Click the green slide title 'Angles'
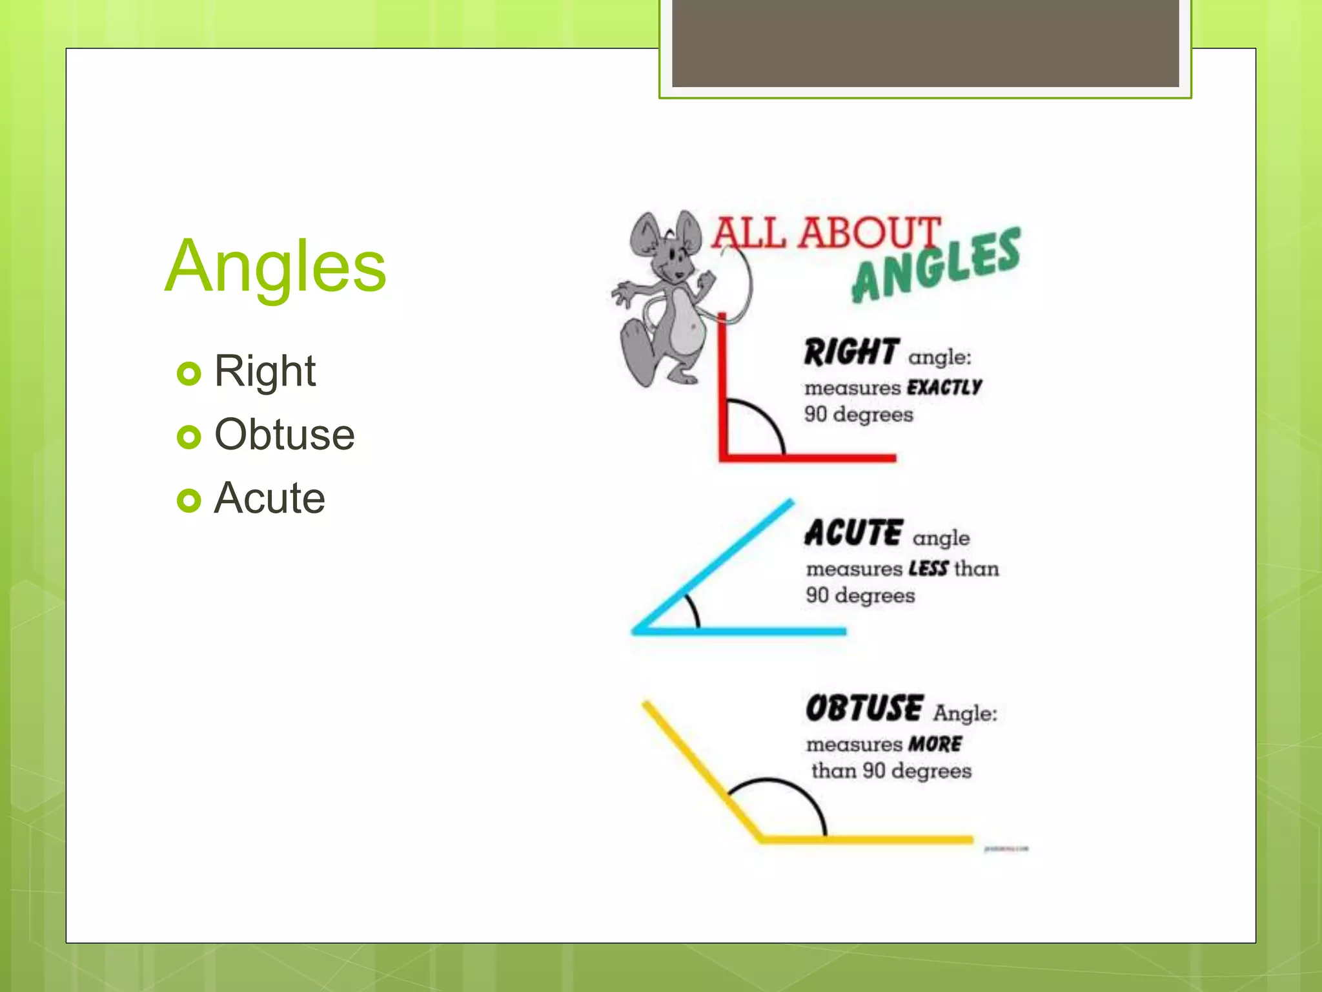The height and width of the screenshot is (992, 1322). (x=276, y=266)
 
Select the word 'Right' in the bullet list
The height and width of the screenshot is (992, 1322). (x=265, y=371)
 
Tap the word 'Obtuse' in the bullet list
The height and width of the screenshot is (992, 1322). (x=284, y=435)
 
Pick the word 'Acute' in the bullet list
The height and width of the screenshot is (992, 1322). (x=269, y=498)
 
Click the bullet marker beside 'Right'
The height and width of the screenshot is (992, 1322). (x=188, y=373)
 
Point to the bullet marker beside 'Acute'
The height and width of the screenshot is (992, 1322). (x=188, y=500)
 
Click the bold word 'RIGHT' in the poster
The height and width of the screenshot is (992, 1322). (x=851, y=352)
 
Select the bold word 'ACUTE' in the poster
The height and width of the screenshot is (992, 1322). (x=853, y=533)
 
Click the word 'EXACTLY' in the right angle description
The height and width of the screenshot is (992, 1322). (x=944, y=387)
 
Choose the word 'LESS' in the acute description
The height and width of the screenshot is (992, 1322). (x=928, y=568)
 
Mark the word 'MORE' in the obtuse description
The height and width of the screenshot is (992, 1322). (x=935, y=744)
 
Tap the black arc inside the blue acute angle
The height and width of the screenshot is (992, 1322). (x=694, y=610)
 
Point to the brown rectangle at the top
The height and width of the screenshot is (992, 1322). (x=925, y=43)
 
